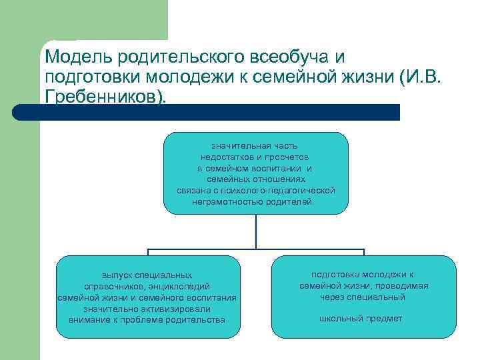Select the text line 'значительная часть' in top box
click(x=255, y=145)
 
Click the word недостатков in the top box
click(x=230, y=157)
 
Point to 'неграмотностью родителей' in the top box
click(x=255, y=201)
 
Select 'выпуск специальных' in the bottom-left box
click(x=147, y=275)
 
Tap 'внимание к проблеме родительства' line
click(x=147, y=320)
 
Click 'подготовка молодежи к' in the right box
click(x=363, y=274)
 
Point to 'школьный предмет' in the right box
click(x=361, y=319)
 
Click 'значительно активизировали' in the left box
click(x=147, y=309)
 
